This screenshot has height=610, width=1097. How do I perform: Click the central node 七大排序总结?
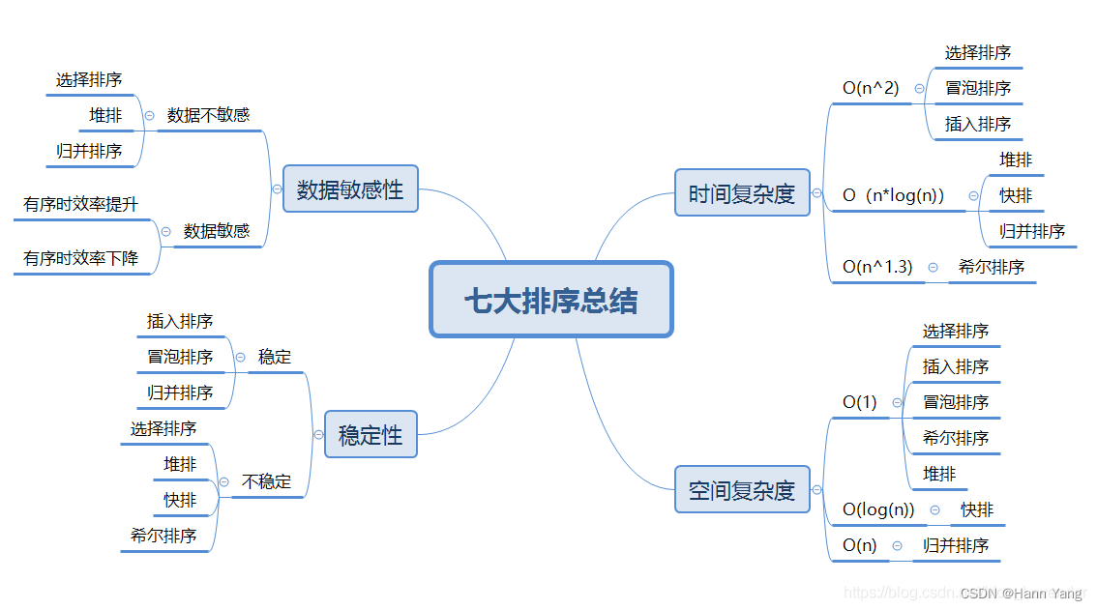550,300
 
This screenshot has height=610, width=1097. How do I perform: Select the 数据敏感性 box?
350,189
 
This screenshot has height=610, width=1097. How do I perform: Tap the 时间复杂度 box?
742,193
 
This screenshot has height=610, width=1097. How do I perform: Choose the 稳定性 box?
371,435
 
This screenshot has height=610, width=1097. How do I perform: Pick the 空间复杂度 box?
742,490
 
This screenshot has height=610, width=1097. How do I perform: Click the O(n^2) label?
871,88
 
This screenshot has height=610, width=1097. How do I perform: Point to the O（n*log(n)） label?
893,195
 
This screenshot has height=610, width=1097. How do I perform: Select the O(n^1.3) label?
877,267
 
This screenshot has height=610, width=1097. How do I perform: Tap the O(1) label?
860,402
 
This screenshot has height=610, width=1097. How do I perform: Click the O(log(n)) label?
878,509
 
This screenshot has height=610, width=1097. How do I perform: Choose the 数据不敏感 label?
208,115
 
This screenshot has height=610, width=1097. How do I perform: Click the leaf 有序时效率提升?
81,204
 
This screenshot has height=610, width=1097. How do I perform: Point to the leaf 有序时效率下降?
81,258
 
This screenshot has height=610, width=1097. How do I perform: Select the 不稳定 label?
266,481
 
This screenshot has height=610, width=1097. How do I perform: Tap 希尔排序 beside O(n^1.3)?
992,267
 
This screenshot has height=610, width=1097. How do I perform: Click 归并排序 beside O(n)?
956,545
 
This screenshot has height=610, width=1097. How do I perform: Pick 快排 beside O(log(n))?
977,509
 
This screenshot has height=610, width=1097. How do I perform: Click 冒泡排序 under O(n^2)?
978,88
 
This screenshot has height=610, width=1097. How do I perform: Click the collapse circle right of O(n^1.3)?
933,267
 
